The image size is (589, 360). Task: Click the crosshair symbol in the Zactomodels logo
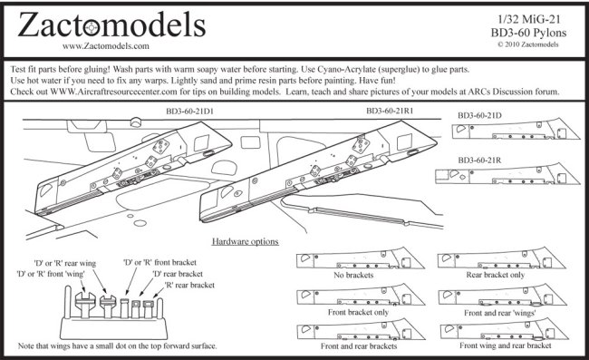pos(92,28)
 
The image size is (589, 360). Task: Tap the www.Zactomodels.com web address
pos(105,46)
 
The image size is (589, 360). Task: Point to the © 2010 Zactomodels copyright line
pos(528,44)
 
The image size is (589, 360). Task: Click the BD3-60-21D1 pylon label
pos(189,112)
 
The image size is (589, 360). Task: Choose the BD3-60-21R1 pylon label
pos(390,111)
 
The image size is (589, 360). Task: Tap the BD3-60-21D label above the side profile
pos(479,115)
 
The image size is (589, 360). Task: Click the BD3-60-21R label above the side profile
pos(479,161)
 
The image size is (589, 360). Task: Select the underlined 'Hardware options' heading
pos(246,241)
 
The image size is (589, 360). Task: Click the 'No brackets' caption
pos(353,275)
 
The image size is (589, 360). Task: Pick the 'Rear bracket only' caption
pos(496,275)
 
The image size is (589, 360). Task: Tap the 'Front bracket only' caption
pos(358,312)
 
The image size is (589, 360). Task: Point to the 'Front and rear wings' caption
pos(500,313)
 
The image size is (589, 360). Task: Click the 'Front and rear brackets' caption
pos(359,346)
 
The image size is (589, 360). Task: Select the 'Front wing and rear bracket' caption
pos(506,345)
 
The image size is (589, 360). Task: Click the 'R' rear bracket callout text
pos(189,286)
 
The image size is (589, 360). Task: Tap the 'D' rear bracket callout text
pos(178,274)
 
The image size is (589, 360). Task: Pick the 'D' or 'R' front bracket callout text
pos(160,262)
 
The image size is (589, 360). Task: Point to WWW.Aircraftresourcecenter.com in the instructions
pos(113,92)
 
